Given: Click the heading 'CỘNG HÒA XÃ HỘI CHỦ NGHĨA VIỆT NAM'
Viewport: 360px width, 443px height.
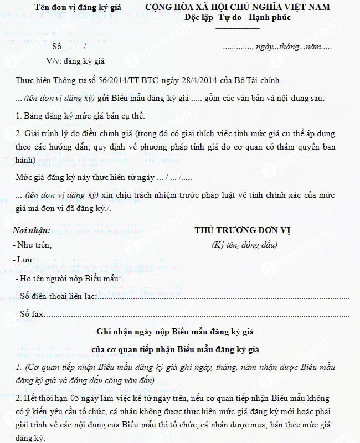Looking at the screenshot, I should (x=238, y=7).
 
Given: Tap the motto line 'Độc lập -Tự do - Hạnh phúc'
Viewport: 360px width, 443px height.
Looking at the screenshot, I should (x=238, y=17).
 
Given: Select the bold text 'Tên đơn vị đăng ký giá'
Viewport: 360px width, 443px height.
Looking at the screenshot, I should (x=78, y=7).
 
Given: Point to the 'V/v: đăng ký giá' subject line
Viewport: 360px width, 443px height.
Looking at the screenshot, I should (x=76, y=61).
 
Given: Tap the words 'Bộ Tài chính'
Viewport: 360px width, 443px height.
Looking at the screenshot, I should (x=260, y=81).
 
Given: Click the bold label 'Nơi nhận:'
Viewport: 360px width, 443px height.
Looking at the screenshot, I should (x=32, y=230).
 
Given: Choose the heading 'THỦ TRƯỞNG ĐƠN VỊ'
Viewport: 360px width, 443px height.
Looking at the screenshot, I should (x=243, y=230).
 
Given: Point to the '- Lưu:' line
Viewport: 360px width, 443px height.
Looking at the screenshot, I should (x=24, y=259).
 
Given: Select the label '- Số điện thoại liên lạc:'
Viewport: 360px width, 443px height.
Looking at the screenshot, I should (x=55, y=297).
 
